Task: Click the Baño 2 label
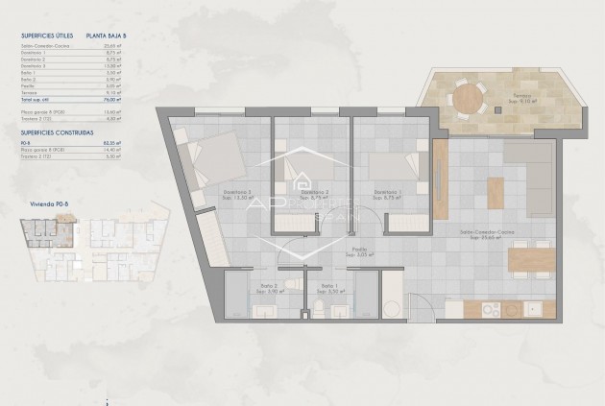tap(266, 286)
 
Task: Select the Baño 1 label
tap(327, 286)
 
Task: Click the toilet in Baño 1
tap(316, 308)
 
